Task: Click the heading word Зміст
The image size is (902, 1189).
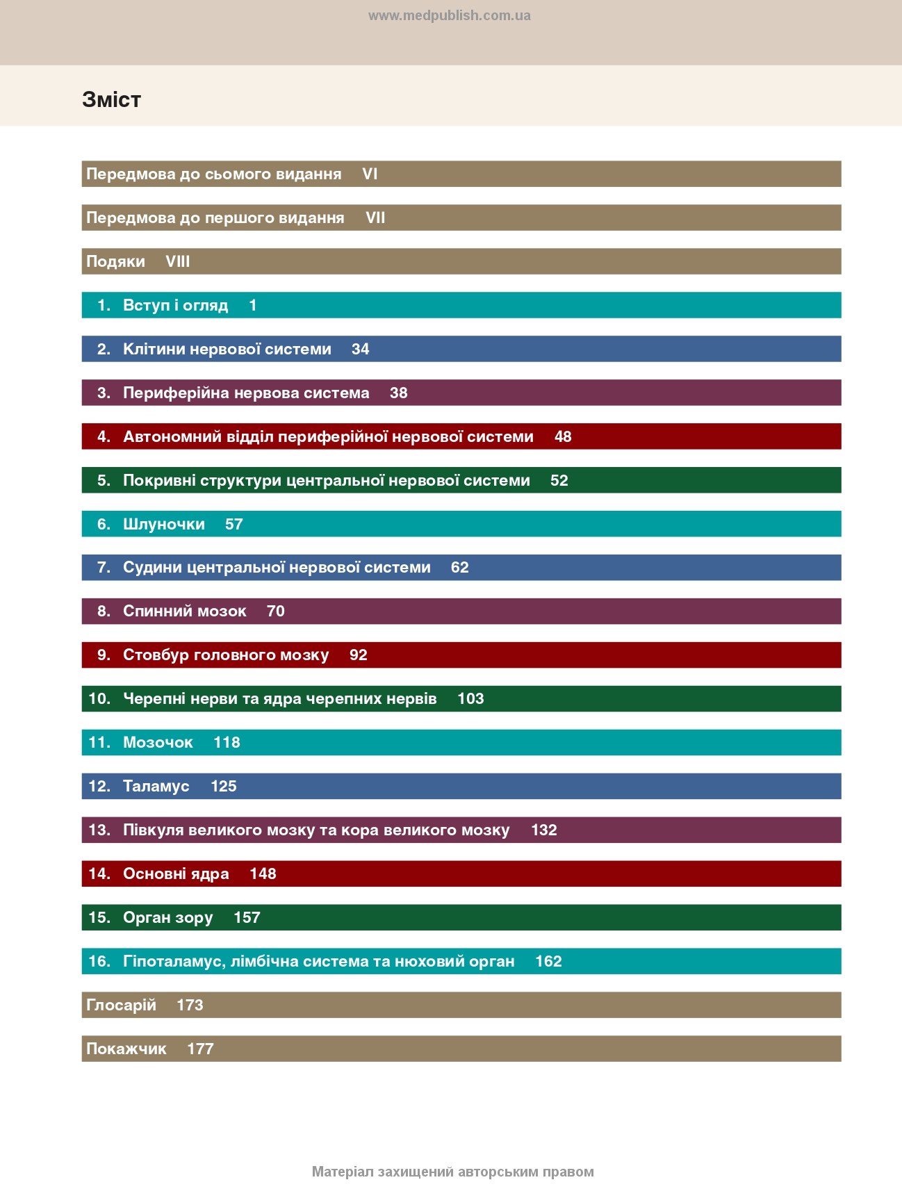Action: pyautogui.click(x=111, y=99)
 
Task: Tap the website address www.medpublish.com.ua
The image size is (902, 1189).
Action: pyautogui.click(x=449, y=15)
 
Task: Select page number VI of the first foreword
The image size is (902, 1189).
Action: pyautogui.click(x=370, y=174)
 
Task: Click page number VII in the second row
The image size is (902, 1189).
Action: pyautogui.click(x=375, y=218)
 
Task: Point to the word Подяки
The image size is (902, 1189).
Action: pyautogui.click(x=115, y=261)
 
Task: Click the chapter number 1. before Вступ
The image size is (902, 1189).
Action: pyautogui.click(x=104, y=305)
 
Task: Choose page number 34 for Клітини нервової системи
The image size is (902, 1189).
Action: pyautogui.click(x=360, y=349)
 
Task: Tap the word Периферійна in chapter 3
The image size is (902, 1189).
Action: pyautogui.click(x=176, y=393)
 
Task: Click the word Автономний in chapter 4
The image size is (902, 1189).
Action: pyautogui.click(x=172, y=436)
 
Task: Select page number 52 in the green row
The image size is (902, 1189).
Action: pyautogui.click(x=559, y=480)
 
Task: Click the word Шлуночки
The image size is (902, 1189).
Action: pyautogui.click(x=164, y=524)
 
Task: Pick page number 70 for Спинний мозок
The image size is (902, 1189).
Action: pyautogui.click(x=275, y=611)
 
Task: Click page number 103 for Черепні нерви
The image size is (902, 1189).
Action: pyautogui.click(x=470, y=698)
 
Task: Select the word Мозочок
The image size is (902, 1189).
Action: pyautogui.click(x=158, y=742)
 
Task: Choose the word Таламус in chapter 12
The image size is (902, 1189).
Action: pyautogui.click(x=156, y=786)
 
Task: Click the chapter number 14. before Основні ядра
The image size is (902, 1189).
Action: pyautogui.click(x=99, y=874)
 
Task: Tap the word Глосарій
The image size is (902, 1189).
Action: pyautogui.click(x=121, y=1005)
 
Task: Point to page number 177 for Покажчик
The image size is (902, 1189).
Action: pyautogui.click(x=200, y=1049)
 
